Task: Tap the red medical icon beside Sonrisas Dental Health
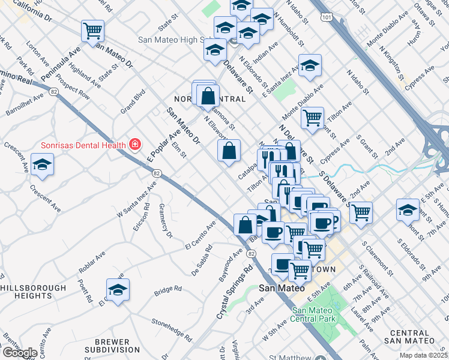[135, 145]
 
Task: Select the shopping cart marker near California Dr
[93, 31]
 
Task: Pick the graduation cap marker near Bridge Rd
[118, 290]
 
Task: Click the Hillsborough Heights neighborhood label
[33, 292]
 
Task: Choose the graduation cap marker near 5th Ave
[408, 210]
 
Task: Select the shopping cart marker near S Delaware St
[361, 212]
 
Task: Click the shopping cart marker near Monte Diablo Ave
[312, 119]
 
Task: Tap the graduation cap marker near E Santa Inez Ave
[310, 66]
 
